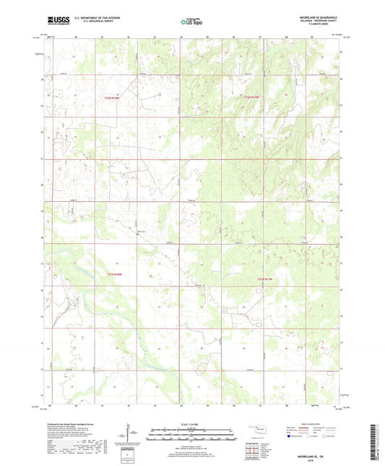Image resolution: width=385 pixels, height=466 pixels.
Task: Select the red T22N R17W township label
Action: (250, 96)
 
